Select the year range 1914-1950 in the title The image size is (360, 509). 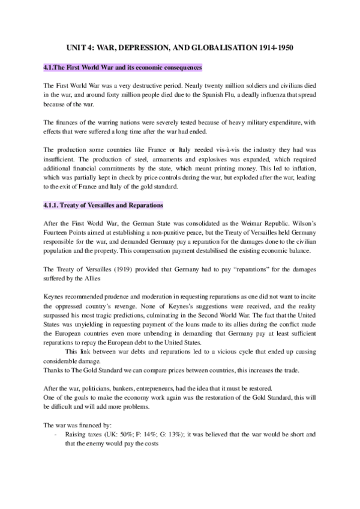pos(278,47)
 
